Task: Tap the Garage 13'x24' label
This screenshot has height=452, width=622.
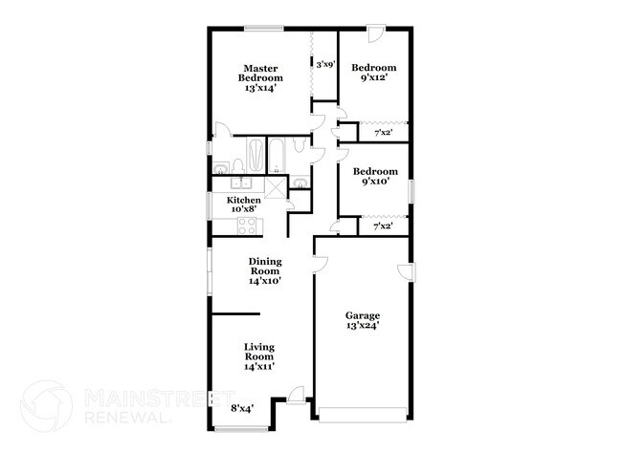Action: tap(363, 320)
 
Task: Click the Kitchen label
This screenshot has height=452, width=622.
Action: tap(244, 204)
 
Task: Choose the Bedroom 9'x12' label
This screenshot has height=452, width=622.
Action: tap(373, 73)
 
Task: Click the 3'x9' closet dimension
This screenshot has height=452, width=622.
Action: tap(325, 65)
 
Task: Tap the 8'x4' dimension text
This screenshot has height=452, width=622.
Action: tap(242, 408)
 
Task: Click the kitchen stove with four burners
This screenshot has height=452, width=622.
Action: tap(247, 226)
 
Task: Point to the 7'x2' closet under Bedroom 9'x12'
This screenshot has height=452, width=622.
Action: tap(382, 134)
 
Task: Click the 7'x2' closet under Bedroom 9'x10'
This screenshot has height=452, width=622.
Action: tap(382, 226)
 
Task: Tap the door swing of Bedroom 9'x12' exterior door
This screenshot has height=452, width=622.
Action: tap(376, 38)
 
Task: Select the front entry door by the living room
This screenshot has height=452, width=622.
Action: tap(298, 395)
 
